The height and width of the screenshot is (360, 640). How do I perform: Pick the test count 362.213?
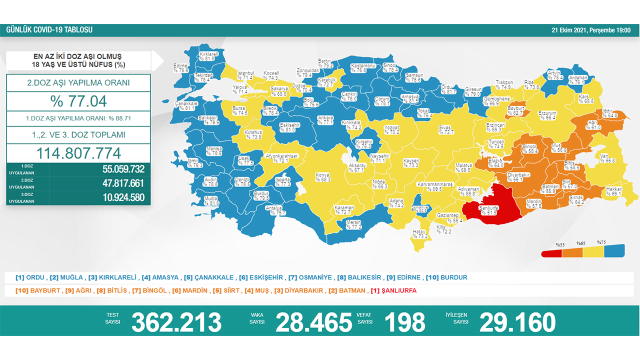click(x=176, y=322)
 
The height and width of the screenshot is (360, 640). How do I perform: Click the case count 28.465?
click(x=313, y=322)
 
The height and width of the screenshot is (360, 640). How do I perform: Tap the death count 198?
click(x=404, y=322)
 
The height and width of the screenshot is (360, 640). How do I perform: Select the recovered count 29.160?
click(x=517, y=322)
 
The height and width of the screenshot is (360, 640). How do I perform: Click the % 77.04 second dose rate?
click(x=78, y=101)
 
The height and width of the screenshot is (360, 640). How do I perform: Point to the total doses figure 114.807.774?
click(x=78, y=153)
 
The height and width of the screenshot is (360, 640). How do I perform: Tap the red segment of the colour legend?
click(x=552, y=252)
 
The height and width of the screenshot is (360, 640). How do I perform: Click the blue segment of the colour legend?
click(x=615, y=250)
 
